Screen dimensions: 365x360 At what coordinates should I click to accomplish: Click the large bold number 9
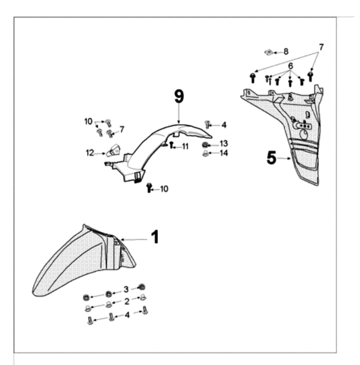click(179, 97)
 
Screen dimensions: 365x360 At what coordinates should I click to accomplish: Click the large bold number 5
click(272, 158)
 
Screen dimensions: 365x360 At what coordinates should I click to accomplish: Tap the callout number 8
click(286, 52)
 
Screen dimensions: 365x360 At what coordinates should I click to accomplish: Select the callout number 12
click(90, 152)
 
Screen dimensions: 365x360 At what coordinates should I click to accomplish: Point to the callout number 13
click(224, 143)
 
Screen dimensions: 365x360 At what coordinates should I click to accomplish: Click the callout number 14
click(224, 153)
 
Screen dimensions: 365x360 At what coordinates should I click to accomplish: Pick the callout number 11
click(185, 146)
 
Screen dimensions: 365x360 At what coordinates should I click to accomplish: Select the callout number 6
click(291, 65)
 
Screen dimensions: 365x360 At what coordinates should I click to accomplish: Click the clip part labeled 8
click(269, 52)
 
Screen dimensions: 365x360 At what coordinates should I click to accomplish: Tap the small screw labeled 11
click(172, 145)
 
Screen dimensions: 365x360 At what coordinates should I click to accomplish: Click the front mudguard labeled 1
click(82, 258)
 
